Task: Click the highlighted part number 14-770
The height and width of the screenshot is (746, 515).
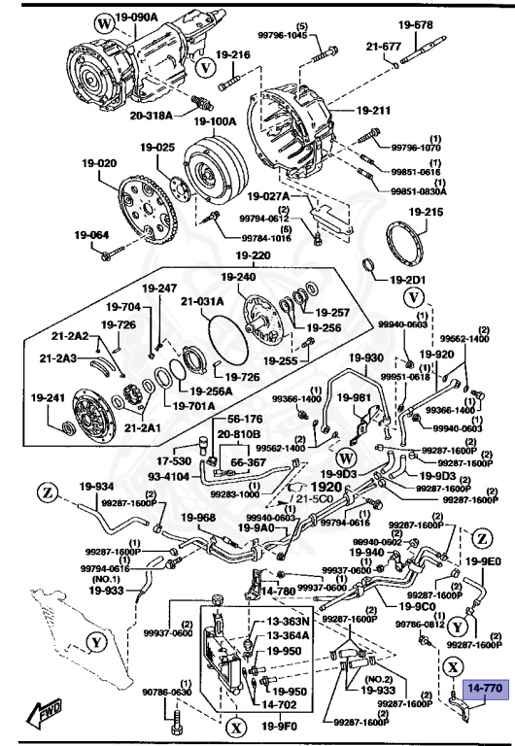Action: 486,688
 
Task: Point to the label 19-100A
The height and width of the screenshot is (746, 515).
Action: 215,122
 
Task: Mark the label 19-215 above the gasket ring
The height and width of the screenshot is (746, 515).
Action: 426,211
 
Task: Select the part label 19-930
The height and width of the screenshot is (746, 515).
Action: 367,357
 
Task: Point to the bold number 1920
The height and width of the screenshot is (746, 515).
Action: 327,487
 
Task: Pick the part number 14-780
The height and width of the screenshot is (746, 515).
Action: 278,590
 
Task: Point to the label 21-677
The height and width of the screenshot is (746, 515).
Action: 384,46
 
